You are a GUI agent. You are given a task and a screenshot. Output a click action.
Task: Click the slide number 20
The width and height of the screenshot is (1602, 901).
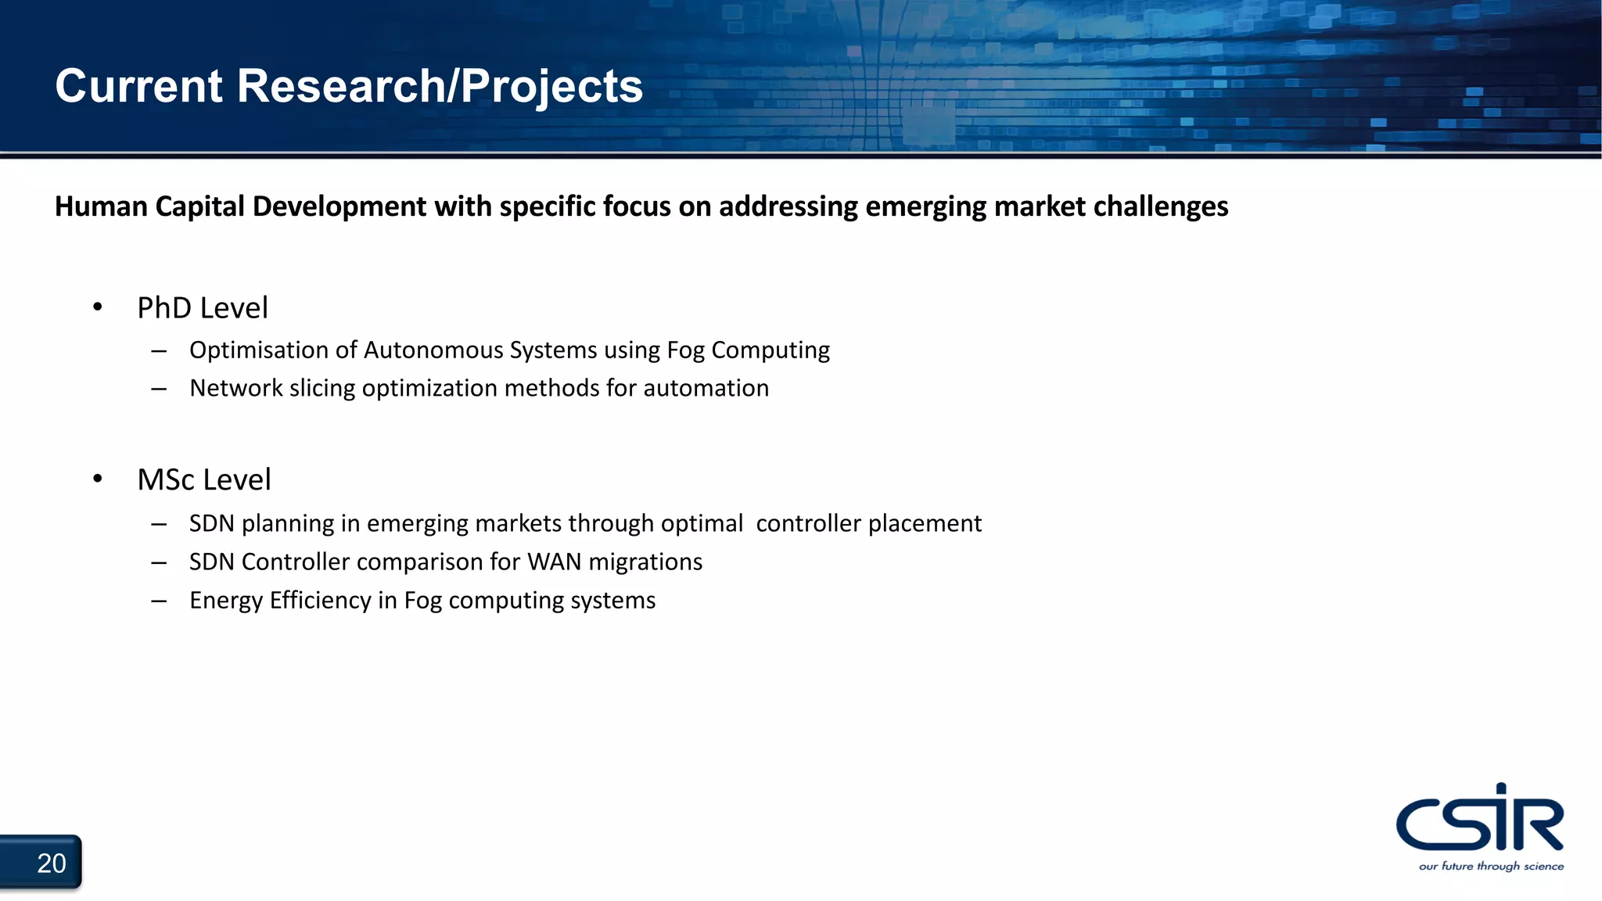[x=52, y=863]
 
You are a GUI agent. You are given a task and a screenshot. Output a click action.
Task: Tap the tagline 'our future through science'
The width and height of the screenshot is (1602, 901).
[x=1491, y=866]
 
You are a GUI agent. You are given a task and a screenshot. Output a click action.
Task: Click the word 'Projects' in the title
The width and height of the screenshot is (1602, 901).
[x=551, y=86]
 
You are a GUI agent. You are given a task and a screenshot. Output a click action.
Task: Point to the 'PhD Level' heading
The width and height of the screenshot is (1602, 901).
[x=203, y=308]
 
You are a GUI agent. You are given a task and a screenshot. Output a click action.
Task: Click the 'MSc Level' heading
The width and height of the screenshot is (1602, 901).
[x=204, y=479]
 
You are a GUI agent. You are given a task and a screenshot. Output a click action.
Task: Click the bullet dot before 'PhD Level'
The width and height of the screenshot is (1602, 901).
[x=97, y=307]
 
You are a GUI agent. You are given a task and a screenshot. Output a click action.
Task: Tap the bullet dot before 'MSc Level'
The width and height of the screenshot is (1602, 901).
[x=97, y=479]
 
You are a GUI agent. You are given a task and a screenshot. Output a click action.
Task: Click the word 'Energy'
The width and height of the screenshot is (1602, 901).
[x=226, y=601]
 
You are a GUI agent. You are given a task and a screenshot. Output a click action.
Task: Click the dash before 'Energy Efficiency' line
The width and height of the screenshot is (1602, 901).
[x=160, y=601]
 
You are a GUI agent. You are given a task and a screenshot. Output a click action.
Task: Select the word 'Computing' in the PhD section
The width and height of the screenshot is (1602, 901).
[x=770, y=350]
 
